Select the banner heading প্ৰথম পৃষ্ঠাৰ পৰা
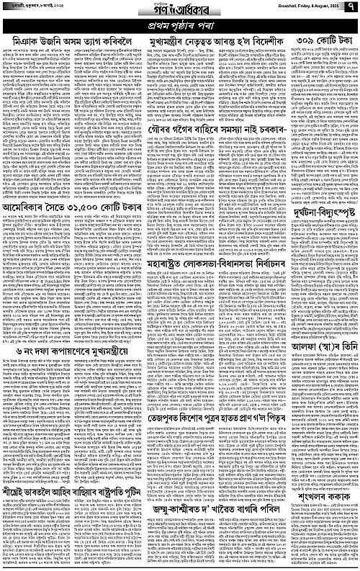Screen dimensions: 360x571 (180, 27)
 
